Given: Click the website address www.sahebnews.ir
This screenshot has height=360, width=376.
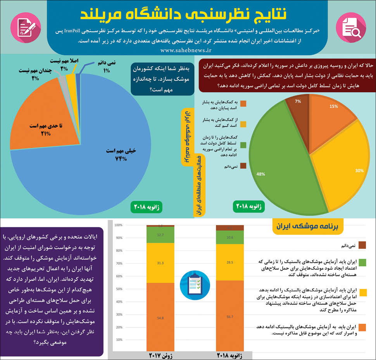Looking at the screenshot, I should (186, 50).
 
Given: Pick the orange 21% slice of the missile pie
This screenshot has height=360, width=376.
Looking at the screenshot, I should (39, 124).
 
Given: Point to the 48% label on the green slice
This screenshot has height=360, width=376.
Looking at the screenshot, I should (260, 174).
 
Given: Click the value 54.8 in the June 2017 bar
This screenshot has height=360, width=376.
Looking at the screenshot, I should (160, 318).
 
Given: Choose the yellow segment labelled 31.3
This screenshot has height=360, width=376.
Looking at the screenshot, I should (160, 263).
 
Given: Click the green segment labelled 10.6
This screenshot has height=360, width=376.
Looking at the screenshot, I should (229, 237).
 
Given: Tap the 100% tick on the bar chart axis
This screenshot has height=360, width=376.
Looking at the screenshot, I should (118, 225).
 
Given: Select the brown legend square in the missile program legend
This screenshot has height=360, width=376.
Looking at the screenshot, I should (363, 245).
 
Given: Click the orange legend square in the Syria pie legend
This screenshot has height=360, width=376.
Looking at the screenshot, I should (243, 104).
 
